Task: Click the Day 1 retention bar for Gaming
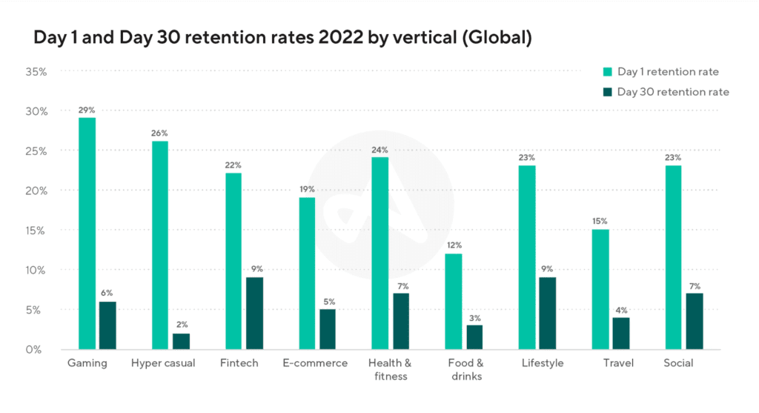[87, 233]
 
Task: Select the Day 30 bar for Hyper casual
[181, 341]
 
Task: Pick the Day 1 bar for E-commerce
[307, 273]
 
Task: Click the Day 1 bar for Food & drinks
[453, 301]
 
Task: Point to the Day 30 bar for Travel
[620, 333]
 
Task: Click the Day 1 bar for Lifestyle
[526, 257]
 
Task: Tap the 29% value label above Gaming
[87, 110]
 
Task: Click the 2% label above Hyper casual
[181, 325]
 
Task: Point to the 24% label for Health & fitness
[380, 150]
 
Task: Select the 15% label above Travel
[600, 221]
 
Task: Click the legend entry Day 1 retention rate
[668, 72]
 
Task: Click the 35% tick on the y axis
[36, 72]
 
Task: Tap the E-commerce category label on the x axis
[314, 363]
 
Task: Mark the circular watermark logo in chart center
[380, 207]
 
